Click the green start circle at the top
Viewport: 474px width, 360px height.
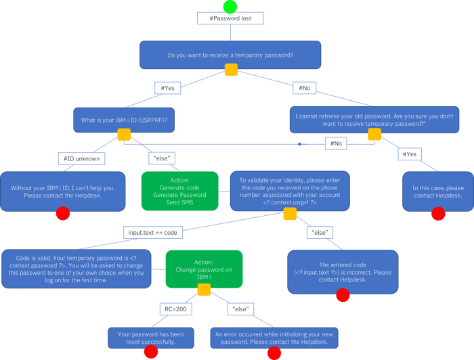pos(230,7)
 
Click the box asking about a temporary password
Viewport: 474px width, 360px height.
pos(230,54)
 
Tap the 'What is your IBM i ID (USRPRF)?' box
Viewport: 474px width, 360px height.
pos(124,120)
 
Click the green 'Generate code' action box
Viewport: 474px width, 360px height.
pos(179,190)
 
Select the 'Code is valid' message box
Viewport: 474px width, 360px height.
pos(76,269)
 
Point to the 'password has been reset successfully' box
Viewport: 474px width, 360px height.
pos(151,338)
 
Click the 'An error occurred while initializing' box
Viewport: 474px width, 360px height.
pos(274,338)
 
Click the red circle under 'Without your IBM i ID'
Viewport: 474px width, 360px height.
pos(63,214)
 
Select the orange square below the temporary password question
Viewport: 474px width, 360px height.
pos(231,70)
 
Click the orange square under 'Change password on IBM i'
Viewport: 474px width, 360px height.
pos(203,290)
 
